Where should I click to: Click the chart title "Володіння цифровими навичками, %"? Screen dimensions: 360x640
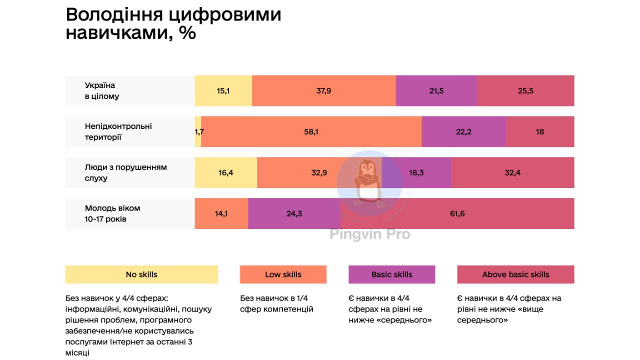(173, 24)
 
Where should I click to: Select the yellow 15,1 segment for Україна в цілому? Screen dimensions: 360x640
(223, 90)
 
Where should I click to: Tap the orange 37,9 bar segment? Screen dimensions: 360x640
(323, 90)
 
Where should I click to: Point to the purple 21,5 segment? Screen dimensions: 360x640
(436, 90)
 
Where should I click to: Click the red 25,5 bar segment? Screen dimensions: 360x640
(525, 90)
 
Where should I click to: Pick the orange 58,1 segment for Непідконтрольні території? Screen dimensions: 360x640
(311, 131)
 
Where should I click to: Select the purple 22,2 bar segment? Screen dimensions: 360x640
(463, 131)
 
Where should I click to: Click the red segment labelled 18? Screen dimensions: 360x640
(540, 131)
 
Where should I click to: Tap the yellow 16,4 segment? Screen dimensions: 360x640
(225, 172)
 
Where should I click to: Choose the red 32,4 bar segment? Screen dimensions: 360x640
(512, 172)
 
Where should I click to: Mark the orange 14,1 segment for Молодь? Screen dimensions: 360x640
(221, 213)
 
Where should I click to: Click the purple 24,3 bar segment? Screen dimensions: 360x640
(294, 213)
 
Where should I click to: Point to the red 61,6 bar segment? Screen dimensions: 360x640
(457, 213)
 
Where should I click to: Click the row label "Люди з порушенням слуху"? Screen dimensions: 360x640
(125, 172)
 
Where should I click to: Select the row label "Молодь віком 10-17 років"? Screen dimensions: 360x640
(112, 213)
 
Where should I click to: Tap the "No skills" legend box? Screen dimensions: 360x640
(141, 274)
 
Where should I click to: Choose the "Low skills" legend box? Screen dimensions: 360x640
(283, 274)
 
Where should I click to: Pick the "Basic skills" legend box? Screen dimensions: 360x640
(391, 274)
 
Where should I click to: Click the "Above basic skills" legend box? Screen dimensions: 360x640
(515, 274)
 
